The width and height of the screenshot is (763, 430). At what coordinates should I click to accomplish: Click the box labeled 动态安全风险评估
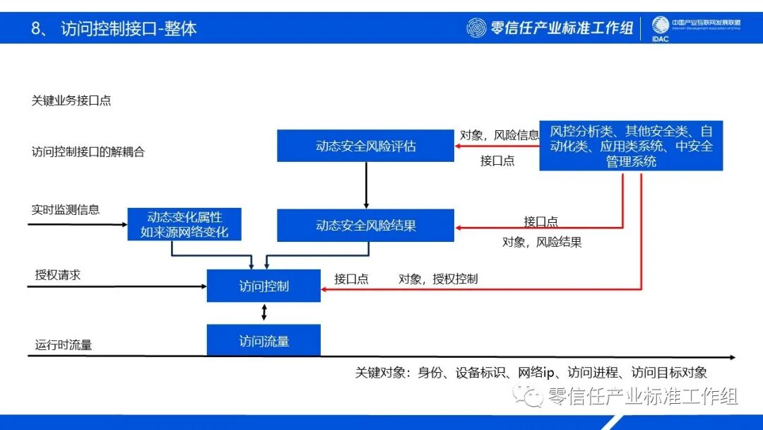[365, 146]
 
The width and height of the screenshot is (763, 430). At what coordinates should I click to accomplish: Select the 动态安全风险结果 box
[365, 226]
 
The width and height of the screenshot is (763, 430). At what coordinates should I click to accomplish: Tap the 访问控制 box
[264, 286]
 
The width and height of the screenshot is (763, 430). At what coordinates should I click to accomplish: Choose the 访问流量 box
[264, 341]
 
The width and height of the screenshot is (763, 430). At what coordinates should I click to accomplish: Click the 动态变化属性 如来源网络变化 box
[184, 223]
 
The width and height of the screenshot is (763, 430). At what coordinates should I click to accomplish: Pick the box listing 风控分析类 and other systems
[631, 146]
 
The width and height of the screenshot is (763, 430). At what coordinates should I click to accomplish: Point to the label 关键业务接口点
[71, 100]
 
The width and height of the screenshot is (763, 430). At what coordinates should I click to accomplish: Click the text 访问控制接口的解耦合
[88, 151]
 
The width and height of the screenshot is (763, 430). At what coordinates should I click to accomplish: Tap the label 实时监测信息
[66, 209]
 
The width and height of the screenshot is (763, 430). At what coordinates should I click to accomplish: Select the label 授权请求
[58, 274]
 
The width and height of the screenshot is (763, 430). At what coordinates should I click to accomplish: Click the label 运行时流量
[64, 345]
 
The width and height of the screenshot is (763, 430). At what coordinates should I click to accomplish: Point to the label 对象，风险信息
[499, 134]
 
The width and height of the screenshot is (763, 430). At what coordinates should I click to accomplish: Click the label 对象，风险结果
[542, 242]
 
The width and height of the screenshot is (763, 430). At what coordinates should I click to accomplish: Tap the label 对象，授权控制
[438, 279]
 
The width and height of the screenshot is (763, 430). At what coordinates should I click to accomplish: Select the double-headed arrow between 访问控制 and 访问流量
[264, 313]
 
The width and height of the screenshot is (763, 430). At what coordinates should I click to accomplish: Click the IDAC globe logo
[660, 26]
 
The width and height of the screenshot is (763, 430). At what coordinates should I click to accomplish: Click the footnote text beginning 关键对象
[531, 373]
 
